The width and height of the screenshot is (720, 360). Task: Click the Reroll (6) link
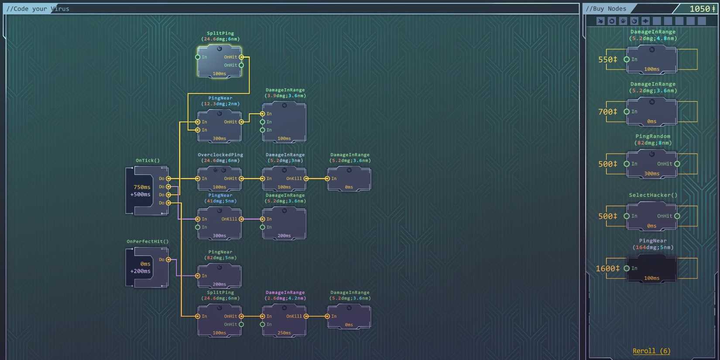tap(651, 351)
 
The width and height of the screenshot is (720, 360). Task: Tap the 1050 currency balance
tap(702, 9)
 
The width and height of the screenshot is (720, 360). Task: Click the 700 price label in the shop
tap(607, 112)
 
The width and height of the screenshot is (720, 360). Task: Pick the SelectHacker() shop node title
tap(653, 195)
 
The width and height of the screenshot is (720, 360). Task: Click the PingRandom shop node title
tap(653, 136)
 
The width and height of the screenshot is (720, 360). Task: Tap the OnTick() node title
tap(147, 161)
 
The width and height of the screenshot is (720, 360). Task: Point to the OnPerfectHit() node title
tap(147, 241)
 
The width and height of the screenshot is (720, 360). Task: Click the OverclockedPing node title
tap(220, 155)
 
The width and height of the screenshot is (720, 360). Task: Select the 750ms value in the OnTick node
tap(142, 187)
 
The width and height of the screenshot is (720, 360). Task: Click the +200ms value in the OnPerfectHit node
tap(140, 271)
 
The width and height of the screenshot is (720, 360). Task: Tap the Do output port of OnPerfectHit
tap(168, 260)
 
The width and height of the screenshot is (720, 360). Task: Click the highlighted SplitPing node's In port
tap(198, 57)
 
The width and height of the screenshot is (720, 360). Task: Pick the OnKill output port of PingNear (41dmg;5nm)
tap(241, 219)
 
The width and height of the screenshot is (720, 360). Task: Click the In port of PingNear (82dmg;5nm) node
tap(198, 276)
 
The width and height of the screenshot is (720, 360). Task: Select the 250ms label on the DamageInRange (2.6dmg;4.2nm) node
tap(284, 333)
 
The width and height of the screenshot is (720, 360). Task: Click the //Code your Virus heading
tap(38, 9)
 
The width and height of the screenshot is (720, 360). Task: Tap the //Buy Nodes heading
tap(606, 9)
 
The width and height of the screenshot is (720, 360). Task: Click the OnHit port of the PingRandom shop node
tap(677, 164)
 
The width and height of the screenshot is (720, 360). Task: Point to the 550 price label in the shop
tap(607, 59)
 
